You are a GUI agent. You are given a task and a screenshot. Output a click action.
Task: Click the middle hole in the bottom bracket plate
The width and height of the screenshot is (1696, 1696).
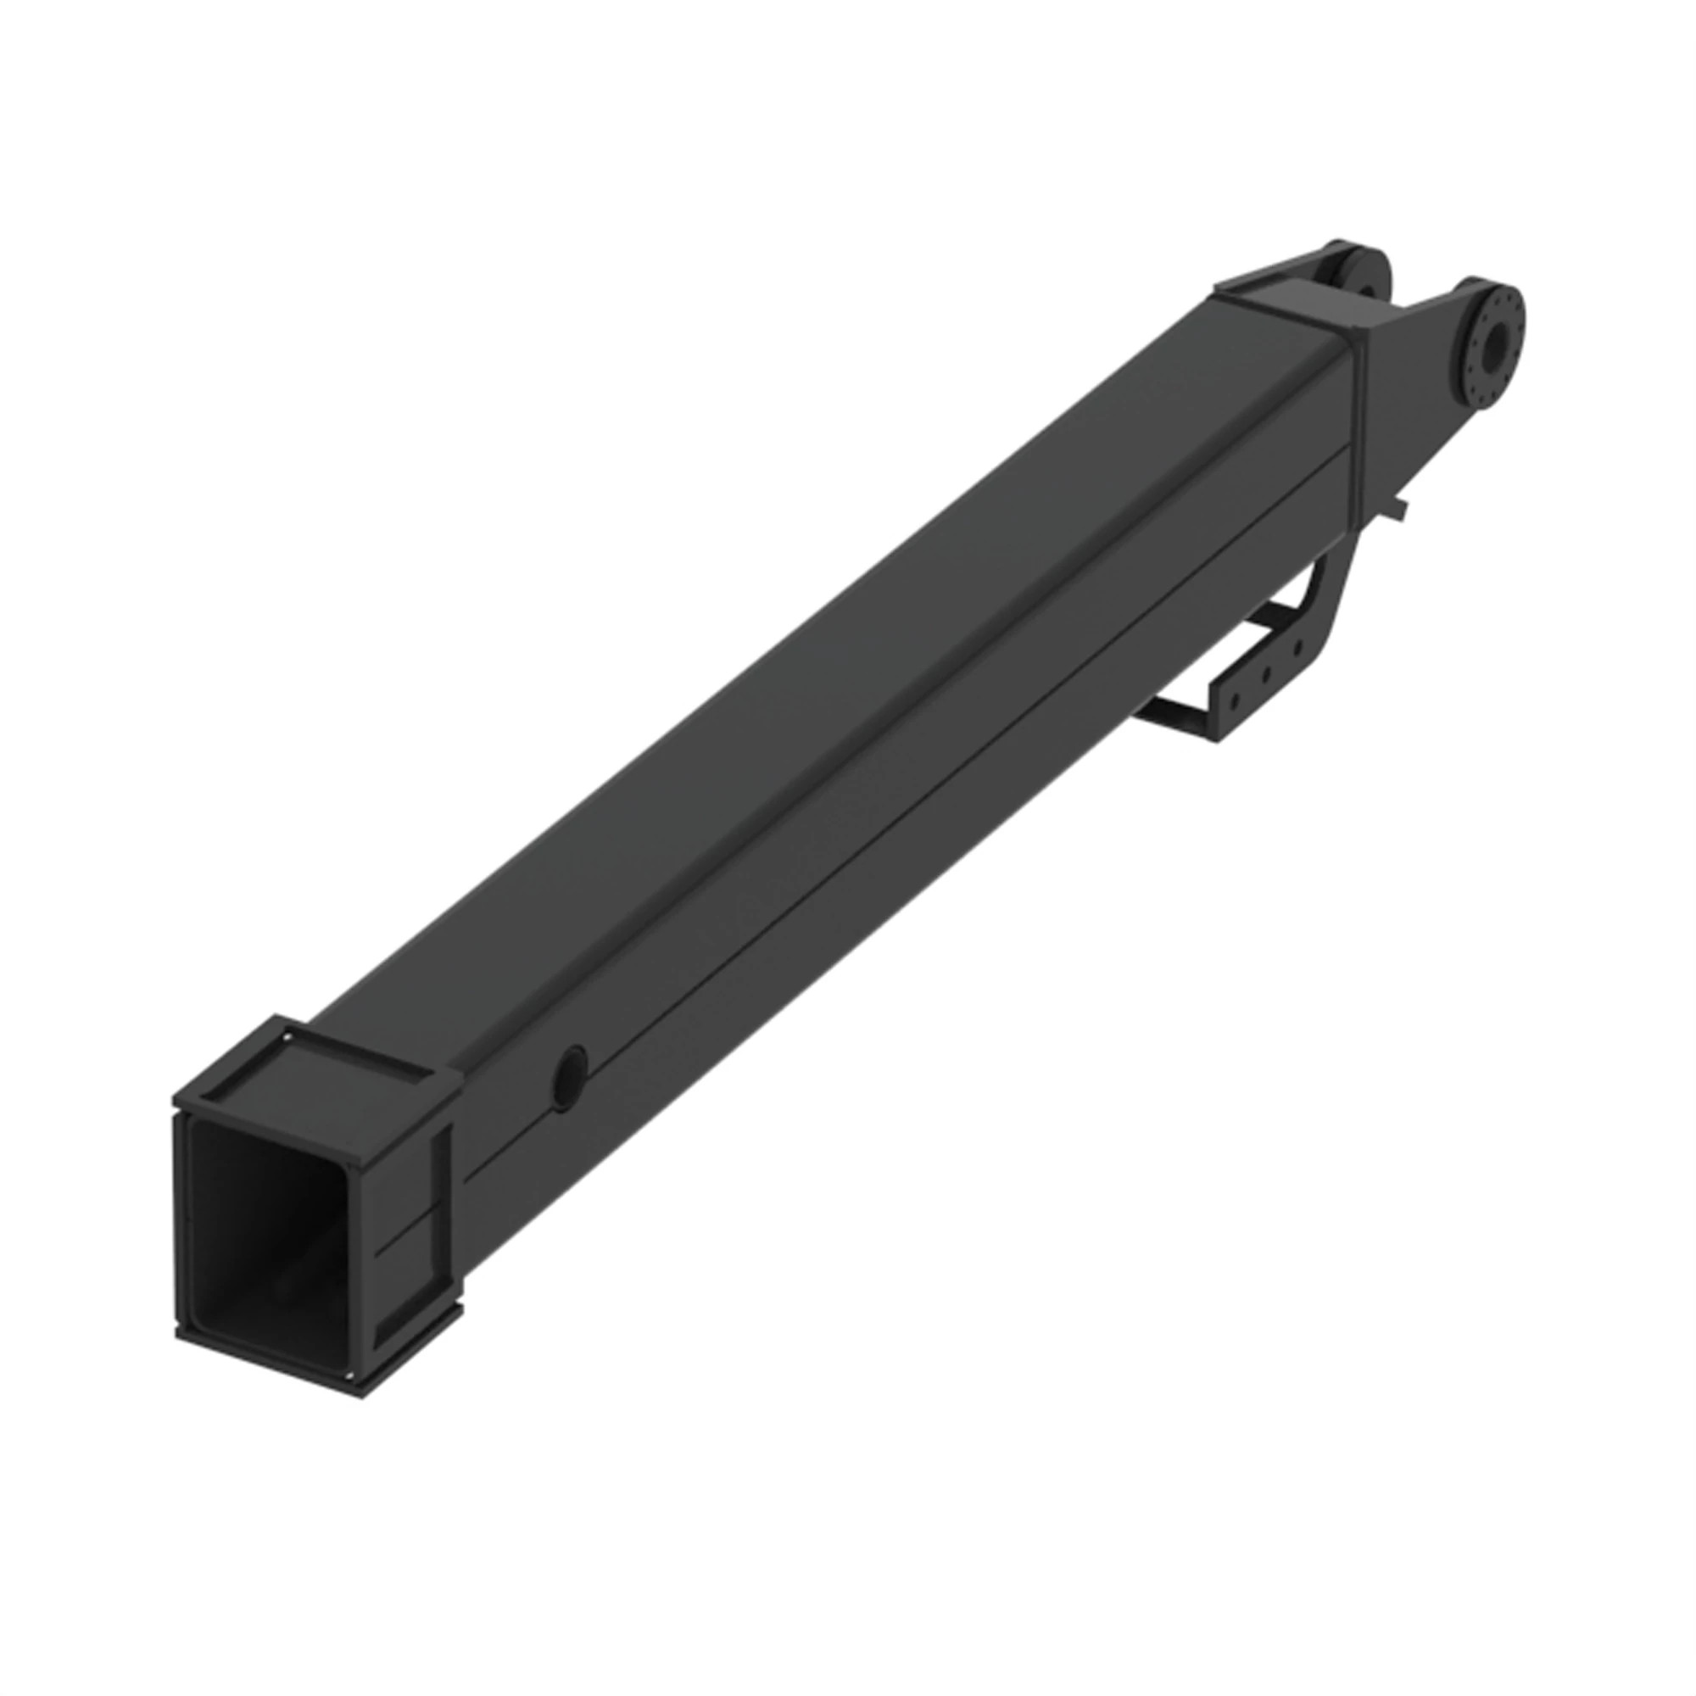click(x=1267, y=675)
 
